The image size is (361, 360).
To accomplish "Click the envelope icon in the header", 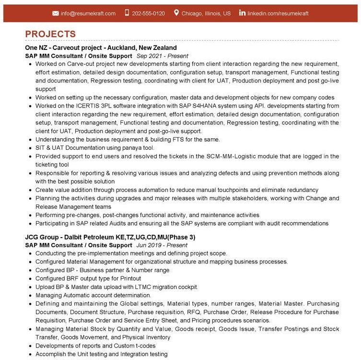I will (x=56, y=13).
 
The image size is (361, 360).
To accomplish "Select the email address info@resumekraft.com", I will (x=88, y=13).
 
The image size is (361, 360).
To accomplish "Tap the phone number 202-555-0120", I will (x=148, y=13).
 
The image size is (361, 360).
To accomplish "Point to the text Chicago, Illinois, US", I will (x=206, y=13).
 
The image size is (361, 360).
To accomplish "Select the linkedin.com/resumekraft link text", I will (x=278, y=13).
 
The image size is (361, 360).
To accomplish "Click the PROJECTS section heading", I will (x=50, y=34).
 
